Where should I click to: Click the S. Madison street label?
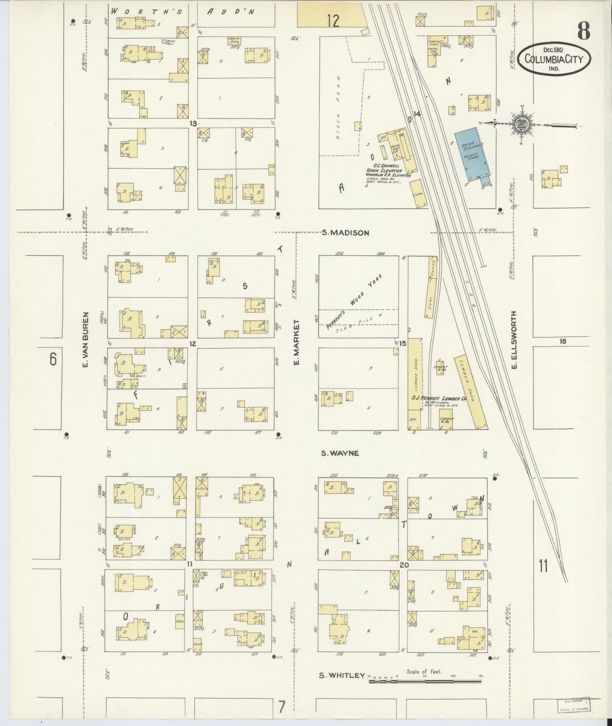[345, 233]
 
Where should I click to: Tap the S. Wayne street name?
[340, 453]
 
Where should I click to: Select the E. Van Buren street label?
[85, 340]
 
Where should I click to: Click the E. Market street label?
[297, 343]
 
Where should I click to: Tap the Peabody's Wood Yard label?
[354, 302]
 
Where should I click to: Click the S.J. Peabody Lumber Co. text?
[438, 398]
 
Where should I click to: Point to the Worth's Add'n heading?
[183, 12]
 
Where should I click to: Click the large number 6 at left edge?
[53, 359]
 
